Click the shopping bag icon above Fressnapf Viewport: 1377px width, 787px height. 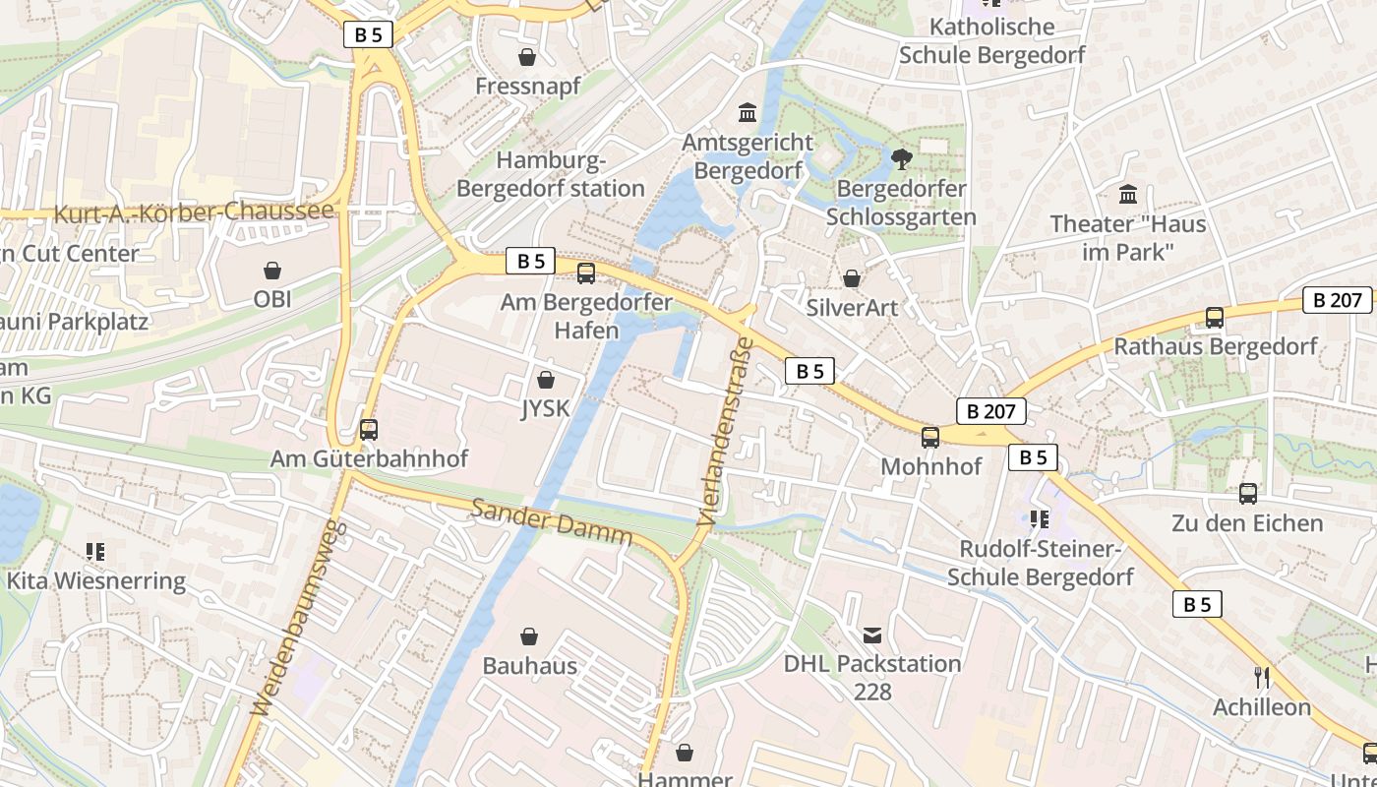click(527, 57)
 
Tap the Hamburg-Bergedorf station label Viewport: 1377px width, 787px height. click(551, 174)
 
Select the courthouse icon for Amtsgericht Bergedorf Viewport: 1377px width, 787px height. click(748, 113)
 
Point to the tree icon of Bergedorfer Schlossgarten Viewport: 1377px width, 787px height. click(901, 158)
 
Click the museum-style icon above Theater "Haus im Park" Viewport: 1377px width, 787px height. click(1127, 194)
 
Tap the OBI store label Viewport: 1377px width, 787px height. click(272, 299)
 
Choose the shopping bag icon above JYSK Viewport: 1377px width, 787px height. click(546, 380)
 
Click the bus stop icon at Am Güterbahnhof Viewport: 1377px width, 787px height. click(369, 429)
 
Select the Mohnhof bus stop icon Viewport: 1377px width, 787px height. click(930, 437)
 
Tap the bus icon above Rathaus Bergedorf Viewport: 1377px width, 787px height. click(1215, 318)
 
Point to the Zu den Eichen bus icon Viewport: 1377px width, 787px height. click(1247, 494)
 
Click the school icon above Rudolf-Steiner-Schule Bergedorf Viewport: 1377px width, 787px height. click(1040, 518)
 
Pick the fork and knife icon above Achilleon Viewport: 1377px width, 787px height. click(1262, 677)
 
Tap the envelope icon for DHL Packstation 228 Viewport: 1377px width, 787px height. click(872, 635)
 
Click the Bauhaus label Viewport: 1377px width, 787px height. click(529, 666)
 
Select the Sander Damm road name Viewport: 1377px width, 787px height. click(551, 521)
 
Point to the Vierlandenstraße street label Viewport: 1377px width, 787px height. click(724, 431)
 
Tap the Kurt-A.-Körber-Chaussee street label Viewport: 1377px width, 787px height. click(194, 212)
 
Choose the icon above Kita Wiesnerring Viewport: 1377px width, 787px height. click(95, 551)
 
